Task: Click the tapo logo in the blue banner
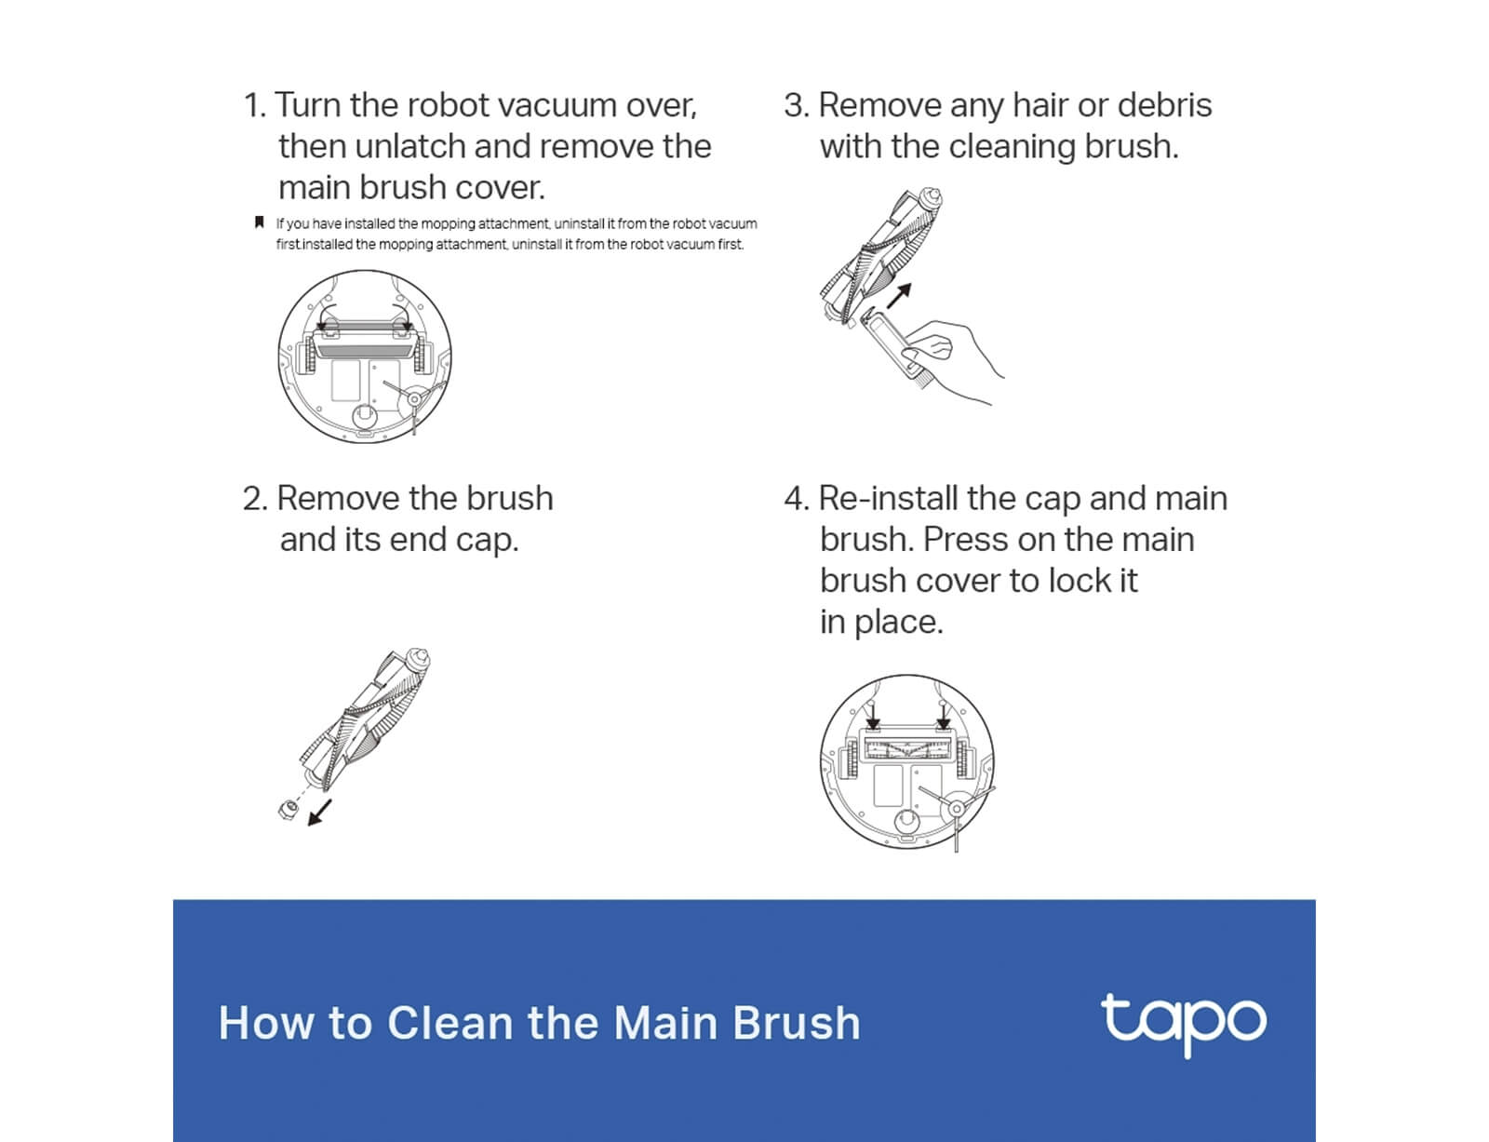[1184, 1024]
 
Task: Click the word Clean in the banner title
[449, 1024]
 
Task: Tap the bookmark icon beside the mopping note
[259, 222]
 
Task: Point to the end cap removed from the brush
[288, 810]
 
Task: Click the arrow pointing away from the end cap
[320, 813]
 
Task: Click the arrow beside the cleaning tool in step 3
[899, 296]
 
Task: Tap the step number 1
[254, 106]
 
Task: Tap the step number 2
[255, 499]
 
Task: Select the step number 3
[797, 106]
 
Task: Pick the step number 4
[797, 499]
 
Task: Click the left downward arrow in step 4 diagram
[873, 716]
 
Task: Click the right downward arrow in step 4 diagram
[944, 716]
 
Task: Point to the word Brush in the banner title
[797, 1024]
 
